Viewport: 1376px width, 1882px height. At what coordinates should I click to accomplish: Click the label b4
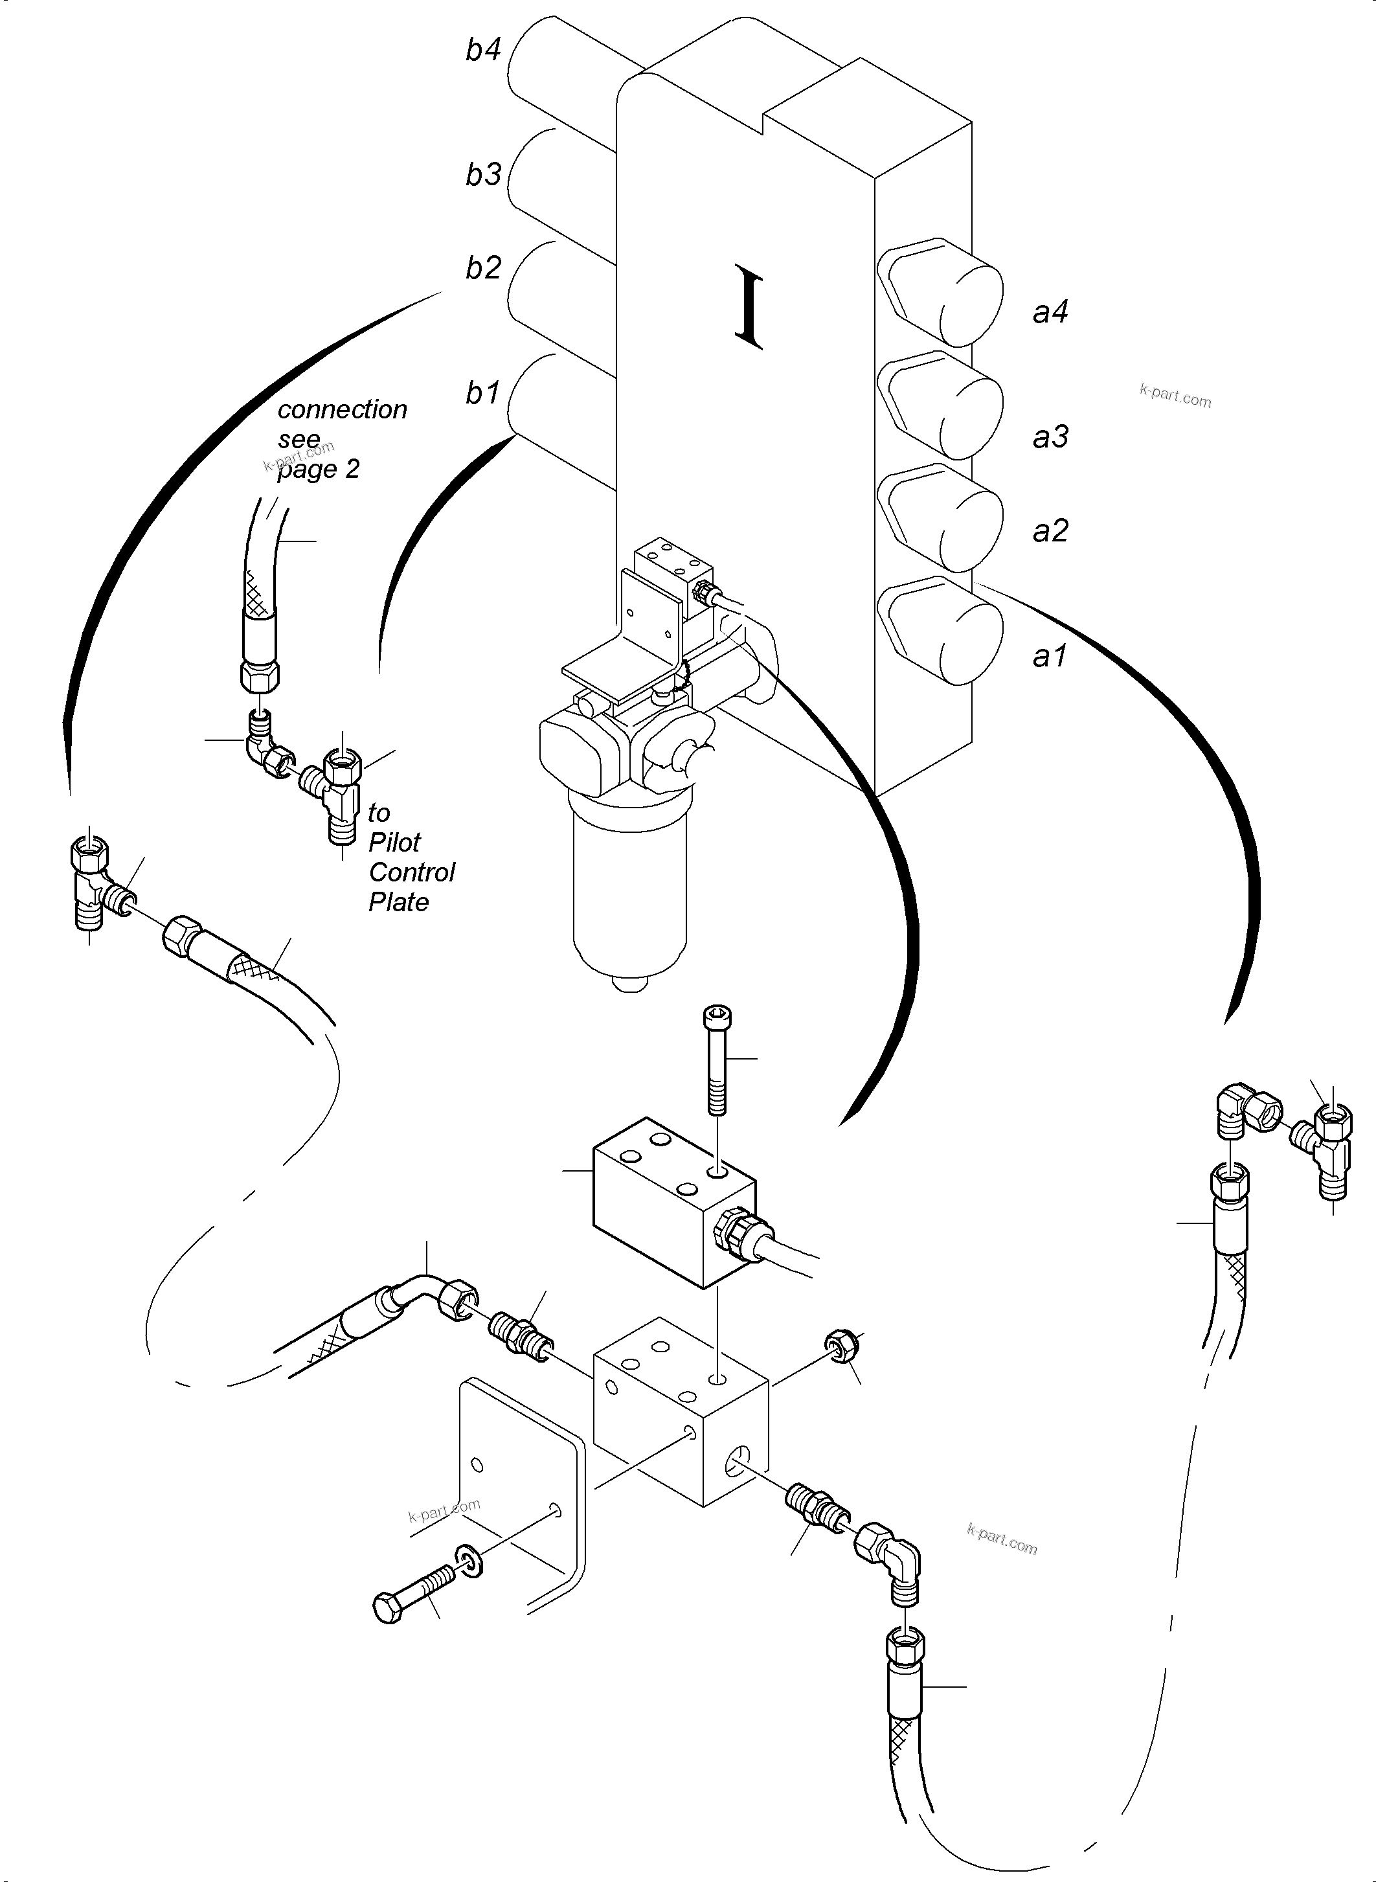tap(482, 50)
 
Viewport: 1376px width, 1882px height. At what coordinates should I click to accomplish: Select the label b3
tap(482, 175)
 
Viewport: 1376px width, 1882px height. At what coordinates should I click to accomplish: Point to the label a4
tap(1050, 312)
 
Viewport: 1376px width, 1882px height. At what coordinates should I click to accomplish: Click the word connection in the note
tap(341, 410)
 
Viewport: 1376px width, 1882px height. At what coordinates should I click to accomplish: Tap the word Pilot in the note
tap(394, 843)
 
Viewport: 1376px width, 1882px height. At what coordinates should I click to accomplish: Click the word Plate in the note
tap(398, 902)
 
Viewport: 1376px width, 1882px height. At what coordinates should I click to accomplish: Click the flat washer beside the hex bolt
tap(469, 1560)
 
